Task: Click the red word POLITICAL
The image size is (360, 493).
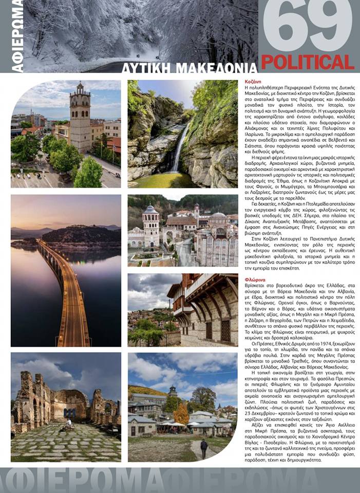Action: (308, 62)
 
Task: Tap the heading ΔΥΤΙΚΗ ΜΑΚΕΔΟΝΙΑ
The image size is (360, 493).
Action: (190, 68)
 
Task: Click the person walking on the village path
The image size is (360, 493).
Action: (204, 448)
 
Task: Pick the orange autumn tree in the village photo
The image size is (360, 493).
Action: (181, 413)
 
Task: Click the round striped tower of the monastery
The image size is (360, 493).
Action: (151, 226)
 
